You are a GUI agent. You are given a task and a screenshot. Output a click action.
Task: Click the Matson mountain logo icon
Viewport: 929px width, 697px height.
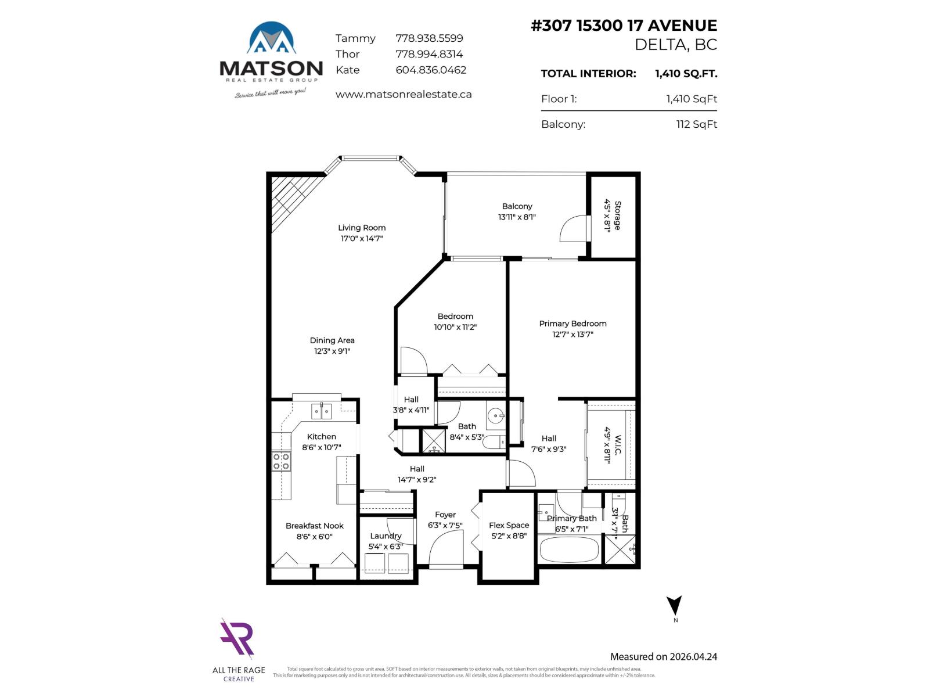(271, 38)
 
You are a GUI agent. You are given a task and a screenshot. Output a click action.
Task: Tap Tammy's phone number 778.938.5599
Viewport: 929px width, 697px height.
(429, 38)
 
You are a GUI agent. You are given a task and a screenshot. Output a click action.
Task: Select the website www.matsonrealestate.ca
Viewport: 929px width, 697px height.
(404, 94)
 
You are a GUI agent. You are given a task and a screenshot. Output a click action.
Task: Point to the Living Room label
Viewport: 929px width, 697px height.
(362, 228)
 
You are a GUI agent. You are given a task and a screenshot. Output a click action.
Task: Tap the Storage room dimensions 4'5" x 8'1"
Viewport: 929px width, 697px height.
(607, 215)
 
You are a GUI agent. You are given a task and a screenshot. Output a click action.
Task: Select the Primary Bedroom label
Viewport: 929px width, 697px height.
(572, 324)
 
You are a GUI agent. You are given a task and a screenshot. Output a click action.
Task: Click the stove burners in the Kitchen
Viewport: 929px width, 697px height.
(282, 462)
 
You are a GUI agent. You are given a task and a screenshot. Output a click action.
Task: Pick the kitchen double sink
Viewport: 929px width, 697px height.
(321, 411)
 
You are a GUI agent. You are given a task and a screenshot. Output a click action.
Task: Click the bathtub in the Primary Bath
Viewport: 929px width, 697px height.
(568, 549)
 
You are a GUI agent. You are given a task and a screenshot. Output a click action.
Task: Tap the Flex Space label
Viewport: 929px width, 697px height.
(509, 525)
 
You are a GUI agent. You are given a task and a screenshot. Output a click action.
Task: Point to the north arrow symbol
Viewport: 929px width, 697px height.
(674, 606)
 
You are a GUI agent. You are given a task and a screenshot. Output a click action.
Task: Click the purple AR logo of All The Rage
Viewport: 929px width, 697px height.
(237, 639)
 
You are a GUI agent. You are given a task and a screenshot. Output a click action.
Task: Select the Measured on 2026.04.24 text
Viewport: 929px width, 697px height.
(663, 657)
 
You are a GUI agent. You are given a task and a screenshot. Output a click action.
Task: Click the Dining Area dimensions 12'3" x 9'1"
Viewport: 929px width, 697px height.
(332, 351)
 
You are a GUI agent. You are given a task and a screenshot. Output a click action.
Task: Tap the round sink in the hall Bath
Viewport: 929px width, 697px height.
(495, 415)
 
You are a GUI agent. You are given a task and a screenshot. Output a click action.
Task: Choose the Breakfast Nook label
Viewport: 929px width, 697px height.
(314, 526)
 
